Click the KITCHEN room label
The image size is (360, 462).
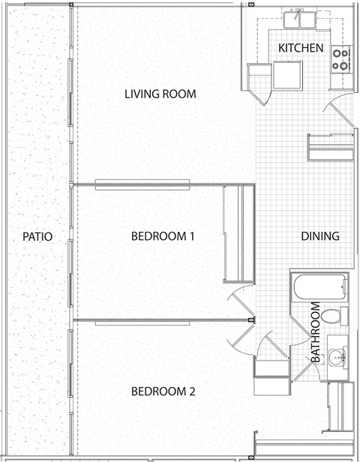tap(301, 48)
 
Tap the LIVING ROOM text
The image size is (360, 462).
tap(160, 94)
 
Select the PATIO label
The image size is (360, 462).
tap(37, 236)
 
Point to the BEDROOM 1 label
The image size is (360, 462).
tap(163, 236)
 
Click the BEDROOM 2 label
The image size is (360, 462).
tap(163, 391)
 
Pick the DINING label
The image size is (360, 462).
tap(320, 236)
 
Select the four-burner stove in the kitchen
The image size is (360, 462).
tap(340, 59)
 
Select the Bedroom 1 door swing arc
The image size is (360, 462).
tap(239, 298)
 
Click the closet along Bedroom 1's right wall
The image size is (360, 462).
tap(234, 232)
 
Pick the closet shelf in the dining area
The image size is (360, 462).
tap(329, 146)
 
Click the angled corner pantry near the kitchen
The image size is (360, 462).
tap(258, 82)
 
